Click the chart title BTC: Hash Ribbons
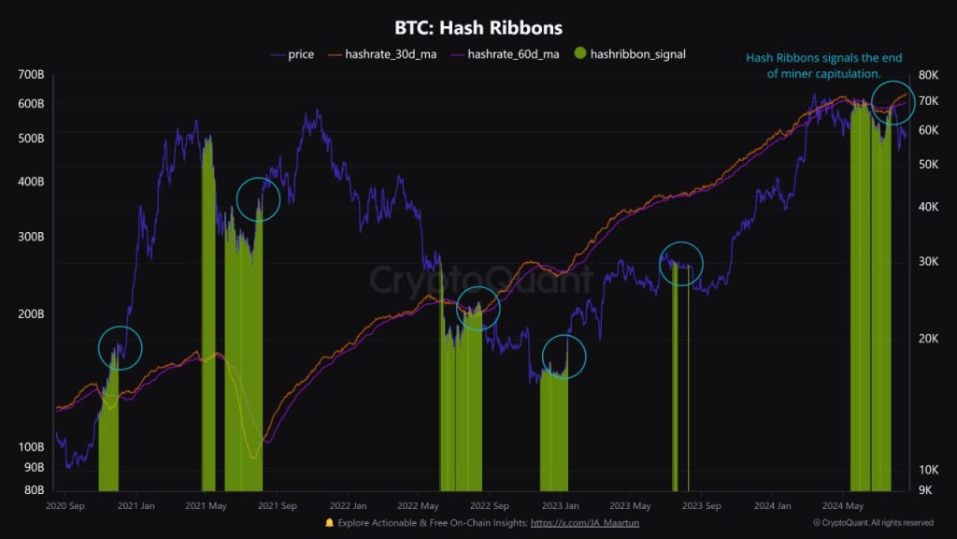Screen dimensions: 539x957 478,28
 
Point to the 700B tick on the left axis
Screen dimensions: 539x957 32,74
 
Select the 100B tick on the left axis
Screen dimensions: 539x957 32,446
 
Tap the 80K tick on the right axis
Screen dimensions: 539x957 927,74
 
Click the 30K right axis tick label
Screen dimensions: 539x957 927,261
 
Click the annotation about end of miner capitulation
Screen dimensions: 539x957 824,66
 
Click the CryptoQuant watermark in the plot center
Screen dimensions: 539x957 479,279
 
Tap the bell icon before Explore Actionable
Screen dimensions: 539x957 329,522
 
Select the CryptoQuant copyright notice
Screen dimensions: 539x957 874,523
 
